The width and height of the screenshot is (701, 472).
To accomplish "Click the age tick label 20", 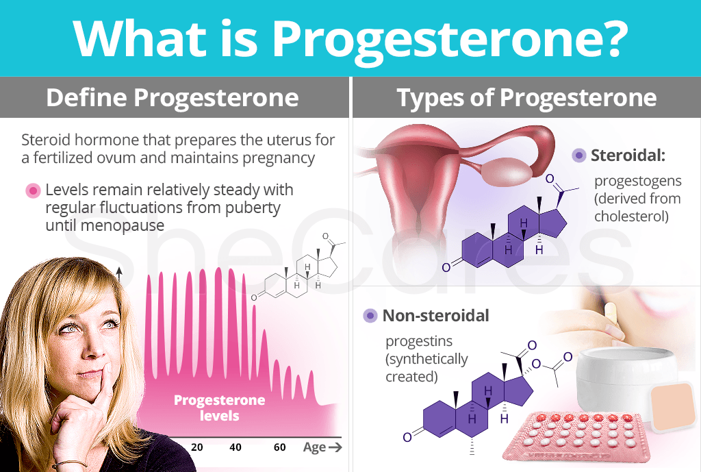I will point(197,447).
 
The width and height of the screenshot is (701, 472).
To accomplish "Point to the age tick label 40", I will point(235,447).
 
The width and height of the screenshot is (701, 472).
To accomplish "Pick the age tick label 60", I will point(279,447).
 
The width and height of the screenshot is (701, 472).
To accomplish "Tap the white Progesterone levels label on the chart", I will point(219,408).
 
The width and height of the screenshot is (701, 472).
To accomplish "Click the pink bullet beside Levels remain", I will point(31,190).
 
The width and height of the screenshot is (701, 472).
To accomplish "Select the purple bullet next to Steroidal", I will point(579,156).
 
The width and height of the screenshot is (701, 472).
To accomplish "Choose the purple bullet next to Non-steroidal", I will point(370,316).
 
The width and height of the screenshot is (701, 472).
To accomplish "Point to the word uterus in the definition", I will point(240,140).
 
